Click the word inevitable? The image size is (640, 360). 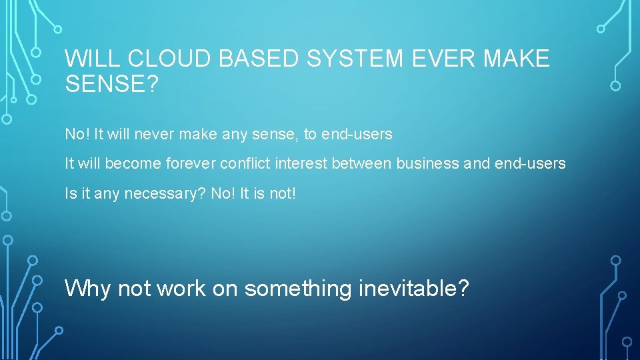(413, 289)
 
